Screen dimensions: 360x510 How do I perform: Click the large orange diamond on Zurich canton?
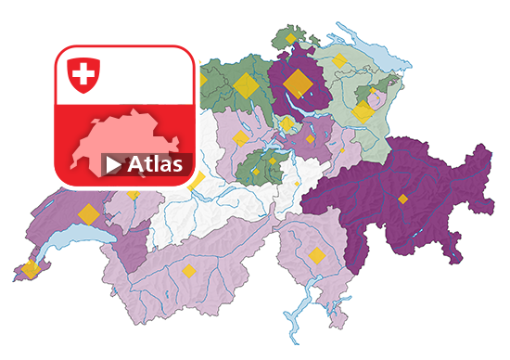pos(299,84)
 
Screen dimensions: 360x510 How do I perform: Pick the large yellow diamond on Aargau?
pos(247,85)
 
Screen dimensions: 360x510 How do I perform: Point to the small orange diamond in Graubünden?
pos(402,199)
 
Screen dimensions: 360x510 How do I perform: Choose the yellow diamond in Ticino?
pos(316,256)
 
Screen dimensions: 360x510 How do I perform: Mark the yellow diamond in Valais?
pos(189,271)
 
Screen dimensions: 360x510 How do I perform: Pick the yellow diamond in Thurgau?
pos(339,61)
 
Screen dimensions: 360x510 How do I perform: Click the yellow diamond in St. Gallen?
pos(363,111)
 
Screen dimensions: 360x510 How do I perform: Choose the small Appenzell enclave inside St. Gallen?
pos(377,96)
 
